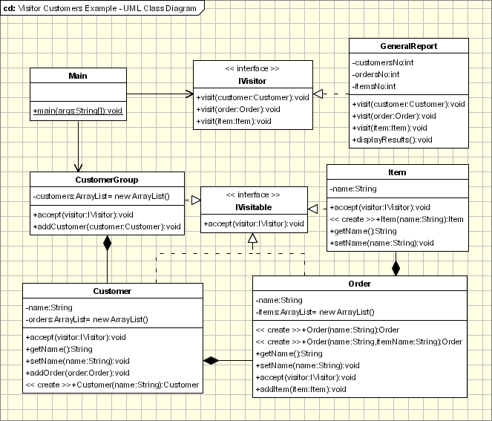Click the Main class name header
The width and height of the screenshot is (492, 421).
point(77,76)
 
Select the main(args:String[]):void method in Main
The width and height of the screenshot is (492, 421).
point(77,111)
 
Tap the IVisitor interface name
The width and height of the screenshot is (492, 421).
point(252,80)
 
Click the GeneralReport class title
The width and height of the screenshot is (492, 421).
point(408,46)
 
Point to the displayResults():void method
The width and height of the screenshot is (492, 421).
point(393,139)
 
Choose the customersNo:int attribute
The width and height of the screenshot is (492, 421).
point(383,63)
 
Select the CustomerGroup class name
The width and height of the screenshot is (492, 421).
point(107,180)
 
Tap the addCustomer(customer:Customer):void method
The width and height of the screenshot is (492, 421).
point(107,226)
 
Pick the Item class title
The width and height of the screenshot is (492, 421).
point(397,172)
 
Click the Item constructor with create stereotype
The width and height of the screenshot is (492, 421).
point(397,219)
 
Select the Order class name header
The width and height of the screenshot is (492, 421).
point(360,284)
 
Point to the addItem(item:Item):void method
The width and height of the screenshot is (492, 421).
point(301,388)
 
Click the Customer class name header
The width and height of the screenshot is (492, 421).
point(113,291)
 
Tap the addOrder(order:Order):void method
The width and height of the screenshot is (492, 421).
point(77,373)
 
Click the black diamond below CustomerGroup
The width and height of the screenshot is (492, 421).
point(108,243)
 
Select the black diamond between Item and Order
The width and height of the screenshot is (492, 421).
point(396,267)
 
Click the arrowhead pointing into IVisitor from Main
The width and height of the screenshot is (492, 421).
point(188,94)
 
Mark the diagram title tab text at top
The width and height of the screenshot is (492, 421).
point(100,9)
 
